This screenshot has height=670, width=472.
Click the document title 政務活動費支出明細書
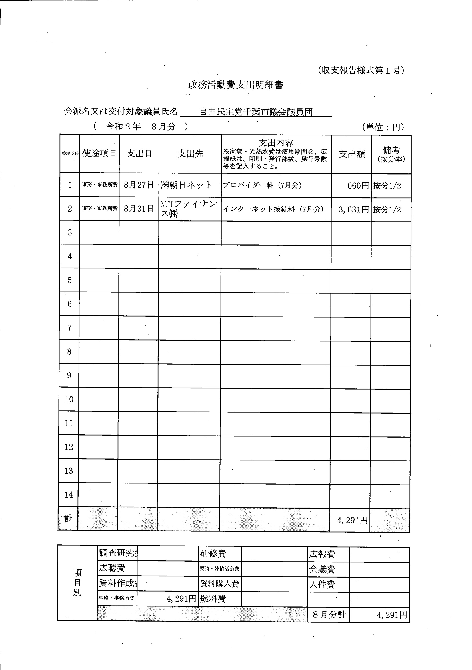pyautogui.click(x=235, y=85)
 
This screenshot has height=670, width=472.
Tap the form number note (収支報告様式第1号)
pyautogui.click(x=361, y=70)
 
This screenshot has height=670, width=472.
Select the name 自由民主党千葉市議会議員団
pyautogui.click(x=256, y=112)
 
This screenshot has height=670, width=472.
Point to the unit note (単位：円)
pyautogui.click(x=383, y=127)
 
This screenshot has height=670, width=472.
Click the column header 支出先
pyautogui.click(x=190, y=154)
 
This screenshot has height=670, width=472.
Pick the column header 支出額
pyautogui.click(x=352, y=154)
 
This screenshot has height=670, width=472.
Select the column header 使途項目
pyautogui.click(x=99, y=153)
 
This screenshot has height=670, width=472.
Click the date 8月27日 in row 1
pyautogui.click(x=139, y=185)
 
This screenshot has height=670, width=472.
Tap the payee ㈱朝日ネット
pyautogui.click(x=186, y=185)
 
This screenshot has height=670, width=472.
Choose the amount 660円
pyautogui.click(x=358, y=186)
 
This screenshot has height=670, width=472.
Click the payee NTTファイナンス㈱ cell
pyautogui.click(x=189, y=209)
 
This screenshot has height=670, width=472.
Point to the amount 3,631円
pyautogui.click(x=354, y=210)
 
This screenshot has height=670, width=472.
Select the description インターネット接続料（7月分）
pyautogui.click(x=273, y=209)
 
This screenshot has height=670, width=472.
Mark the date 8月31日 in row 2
pyautogui.click(x=139, y=209)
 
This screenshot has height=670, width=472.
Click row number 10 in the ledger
pyautogui.click(x=69, y=399)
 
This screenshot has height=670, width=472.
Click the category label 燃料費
pyautogui.click(x=213, y=599)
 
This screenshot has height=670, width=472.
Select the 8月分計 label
pyautogui.click(x=329, y=615)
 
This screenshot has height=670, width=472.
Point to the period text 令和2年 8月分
pyautogui.click(x=141, y=126)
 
